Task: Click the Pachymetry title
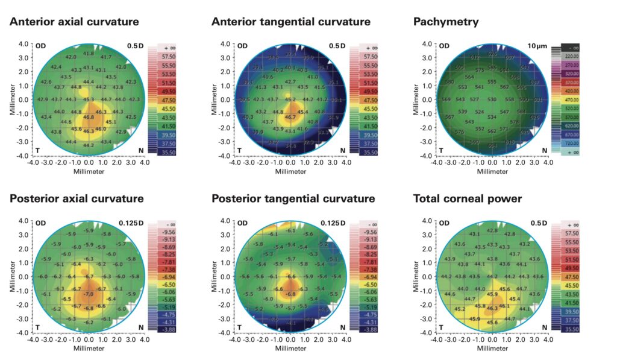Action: (x=446, y=22)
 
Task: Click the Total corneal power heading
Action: (x=468, y=198)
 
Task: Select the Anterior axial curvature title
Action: (x=74, y=22)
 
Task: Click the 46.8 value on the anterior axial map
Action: (x=89, y=118)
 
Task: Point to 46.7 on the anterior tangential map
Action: (x=290, y=118)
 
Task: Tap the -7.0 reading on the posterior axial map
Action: (x=89, y=294)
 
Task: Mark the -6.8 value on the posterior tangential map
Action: (x=290, y=294)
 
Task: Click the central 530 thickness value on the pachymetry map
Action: (x=492, y=99)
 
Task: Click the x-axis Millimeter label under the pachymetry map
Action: (x=492, y=172)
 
